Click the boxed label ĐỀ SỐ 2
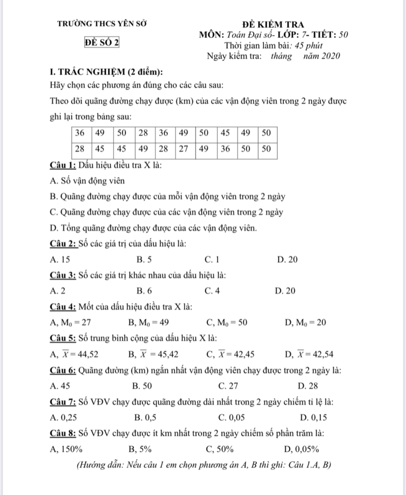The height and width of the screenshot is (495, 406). [102, 42]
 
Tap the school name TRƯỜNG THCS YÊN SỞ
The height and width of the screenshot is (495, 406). [102, 23]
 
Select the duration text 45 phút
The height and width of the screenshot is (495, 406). [309, 46]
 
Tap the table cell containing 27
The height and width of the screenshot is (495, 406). [183, 149]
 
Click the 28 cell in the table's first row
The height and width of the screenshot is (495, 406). [143, 133]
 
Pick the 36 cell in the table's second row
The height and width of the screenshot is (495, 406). [225, 149]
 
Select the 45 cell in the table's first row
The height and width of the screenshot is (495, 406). [225, 133]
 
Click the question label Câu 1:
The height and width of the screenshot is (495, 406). [63, 165]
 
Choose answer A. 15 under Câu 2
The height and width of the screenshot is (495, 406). [60, 260]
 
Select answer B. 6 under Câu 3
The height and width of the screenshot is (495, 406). [144, 291]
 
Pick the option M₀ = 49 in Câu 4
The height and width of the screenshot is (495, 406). [149, 322]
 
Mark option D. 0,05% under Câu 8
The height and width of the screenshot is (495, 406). [302, 449]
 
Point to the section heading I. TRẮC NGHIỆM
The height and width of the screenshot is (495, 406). [106, 72]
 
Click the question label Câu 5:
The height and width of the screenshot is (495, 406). [63, 338]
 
